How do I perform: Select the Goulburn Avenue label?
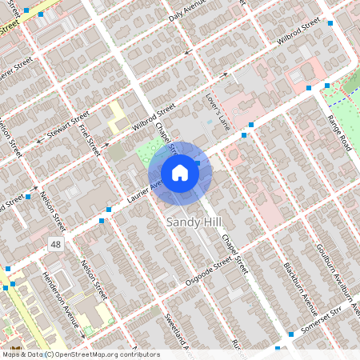coord(330,268)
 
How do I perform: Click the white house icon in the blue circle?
coord(180,173)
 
